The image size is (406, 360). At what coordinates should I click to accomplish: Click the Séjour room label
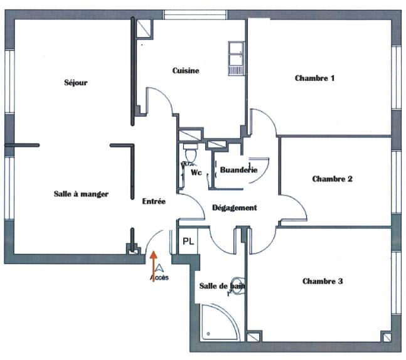75,83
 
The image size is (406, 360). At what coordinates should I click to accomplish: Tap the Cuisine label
186,71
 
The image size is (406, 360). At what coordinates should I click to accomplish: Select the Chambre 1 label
314,78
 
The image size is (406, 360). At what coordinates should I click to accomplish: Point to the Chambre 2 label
332,179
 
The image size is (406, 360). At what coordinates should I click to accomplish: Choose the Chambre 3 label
322,282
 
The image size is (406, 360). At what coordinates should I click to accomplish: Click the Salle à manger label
81,194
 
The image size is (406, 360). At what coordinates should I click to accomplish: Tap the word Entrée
154,202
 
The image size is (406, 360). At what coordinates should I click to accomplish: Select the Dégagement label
234,208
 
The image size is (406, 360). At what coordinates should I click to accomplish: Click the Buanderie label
239,170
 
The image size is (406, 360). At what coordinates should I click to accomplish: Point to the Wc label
196,172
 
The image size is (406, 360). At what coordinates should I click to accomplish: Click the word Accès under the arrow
159,277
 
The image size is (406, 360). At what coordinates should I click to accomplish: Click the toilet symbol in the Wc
191,152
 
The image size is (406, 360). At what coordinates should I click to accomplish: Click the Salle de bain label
222,286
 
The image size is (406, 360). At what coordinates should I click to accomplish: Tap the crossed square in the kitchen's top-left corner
144,26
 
